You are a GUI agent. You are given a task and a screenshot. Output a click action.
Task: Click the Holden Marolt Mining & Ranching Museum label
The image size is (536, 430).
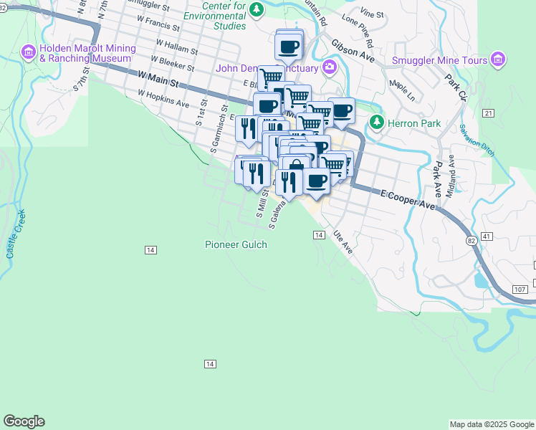(x=87, y=55)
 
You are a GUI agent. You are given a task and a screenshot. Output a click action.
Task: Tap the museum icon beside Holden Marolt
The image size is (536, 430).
(x=29, y=51)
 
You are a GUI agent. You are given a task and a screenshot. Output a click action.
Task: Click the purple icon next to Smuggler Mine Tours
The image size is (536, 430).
(x=499, y=60)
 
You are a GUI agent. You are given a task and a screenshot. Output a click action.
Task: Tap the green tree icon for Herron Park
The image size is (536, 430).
(x=377, y=123)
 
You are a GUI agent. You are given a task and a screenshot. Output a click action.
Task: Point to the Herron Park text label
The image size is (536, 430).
(x=414, y=123)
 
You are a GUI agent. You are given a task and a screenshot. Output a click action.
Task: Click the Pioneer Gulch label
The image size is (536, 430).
(x=236, y=244)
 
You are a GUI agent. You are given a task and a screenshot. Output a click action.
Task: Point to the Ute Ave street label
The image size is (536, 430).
(x=343, y=242)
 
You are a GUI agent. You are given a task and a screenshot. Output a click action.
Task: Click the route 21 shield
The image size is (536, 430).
(x=489, y=113)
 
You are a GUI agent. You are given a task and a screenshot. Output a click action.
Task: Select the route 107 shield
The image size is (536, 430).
(x=520, y=289)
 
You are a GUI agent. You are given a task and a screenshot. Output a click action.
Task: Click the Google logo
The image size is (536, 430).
(x=24, y=421)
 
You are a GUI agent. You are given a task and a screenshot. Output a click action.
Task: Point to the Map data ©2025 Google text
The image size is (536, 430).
(x=491, y=424)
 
